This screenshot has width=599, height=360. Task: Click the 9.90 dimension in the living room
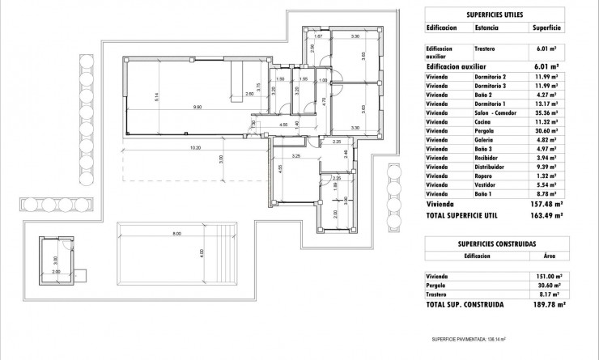click(x=197, y=107)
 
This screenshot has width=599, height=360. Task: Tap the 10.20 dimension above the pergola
click(x=195, y=148)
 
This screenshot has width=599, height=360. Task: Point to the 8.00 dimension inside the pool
click(x=176, y=234)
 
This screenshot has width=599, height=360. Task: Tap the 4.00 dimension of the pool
click(x=202, y=253)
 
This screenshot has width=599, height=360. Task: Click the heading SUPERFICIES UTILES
click(x=495, y=14)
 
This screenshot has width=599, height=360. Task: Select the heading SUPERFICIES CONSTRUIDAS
click(x=495, y=242)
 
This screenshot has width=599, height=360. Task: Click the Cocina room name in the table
click(x=474, y=121)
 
